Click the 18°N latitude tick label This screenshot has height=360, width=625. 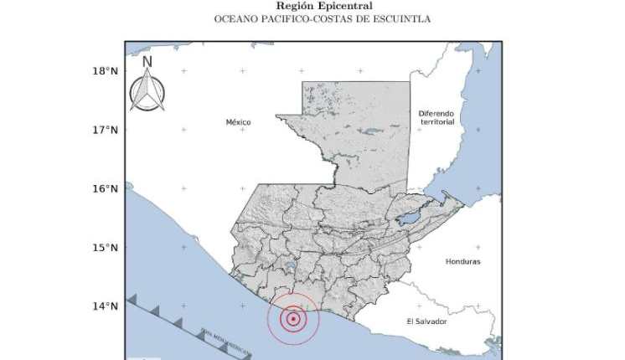[x=104, y=70]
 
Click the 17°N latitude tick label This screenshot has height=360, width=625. [x=104, y=130]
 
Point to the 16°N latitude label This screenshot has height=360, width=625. [x=104, y=188]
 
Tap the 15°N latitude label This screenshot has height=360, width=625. [x=104, y=248]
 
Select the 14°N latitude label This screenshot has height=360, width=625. [x=104, y=306]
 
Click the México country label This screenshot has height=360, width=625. [x=238, y=122]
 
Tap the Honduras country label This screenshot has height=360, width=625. [x=463, y=261]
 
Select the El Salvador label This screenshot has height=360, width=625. [x=426, y=321]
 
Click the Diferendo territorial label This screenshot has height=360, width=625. [x=436, y=116]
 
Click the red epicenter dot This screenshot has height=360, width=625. [x=293, y=318]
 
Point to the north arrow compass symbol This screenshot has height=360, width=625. [x=147, y=90]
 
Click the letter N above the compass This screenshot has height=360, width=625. [x=147, y=61]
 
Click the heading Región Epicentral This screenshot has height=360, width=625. [x=312, y=6]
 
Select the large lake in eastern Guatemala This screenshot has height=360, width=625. [x=408, y=219]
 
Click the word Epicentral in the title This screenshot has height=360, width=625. [x=333, y=6]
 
